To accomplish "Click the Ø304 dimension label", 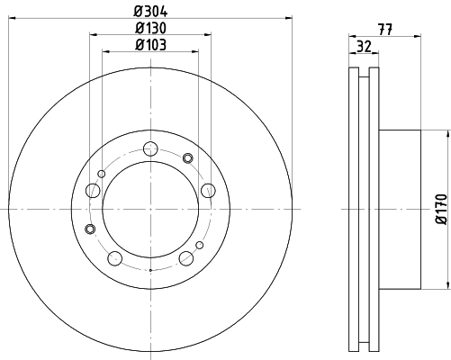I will tap(149, 10).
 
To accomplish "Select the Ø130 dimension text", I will tap(149, 29).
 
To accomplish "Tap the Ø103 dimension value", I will tap(149, 46).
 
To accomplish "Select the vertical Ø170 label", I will tap(441, 208).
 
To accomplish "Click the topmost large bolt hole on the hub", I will tap(150, 148).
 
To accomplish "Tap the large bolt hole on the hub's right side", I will tap(209, 189).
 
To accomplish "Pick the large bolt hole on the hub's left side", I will tap(92, 190).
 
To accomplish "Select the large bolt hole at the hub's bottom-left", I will tap(114, 259).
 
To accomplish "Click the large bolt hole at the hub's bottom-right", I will tap(186, 259).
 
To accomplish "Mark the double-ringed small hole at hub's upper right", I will tap(188, 158).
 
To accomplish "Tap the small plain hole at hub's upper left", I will tap(102, 174).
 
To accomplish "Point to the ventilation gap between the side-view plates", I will tap(363, 208).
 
